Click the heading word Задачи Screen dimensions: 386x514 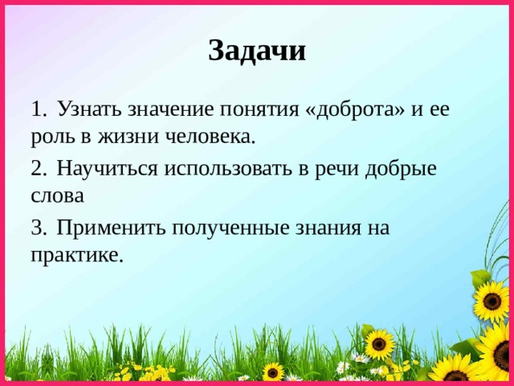coord(257,50)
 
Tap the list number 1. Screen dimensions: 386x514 coord(38,109)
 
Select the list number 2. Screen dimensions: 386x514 coord(38,169)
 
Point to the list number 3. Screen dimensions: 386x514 coord(38,228)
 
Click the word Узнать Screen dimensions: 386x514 coord(91,109)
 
